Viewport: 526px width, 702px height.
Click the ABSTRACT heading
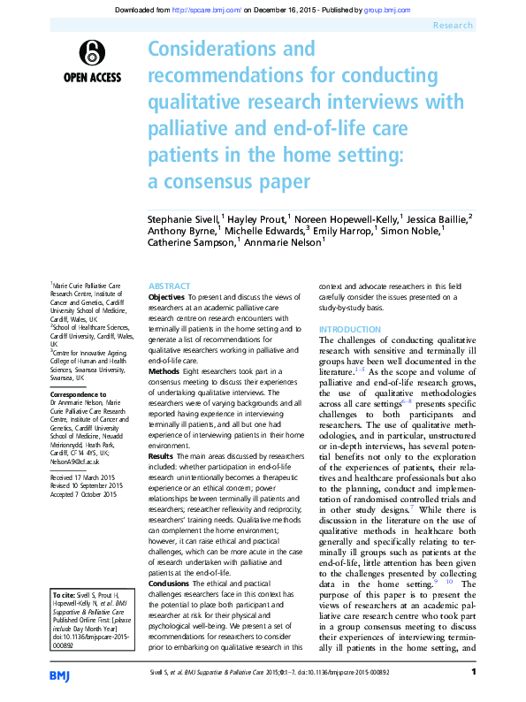click(169, 286)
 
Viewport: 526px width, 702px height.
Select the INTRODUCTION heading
click(350, 329)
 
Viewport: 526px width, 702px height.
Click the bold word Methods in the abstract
click(164, 372)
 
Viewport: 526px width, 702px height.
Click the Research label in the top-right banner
click(453, 27)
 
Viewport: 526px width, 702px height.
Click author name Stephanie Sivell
click(180, 217)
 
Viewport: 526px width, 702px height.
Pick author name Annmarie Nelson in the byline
click(282, 241)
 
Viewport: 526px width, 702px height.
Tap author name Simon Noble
click(413, 229)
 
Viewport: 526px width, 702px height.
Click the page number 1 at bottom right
click(475, 673)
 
